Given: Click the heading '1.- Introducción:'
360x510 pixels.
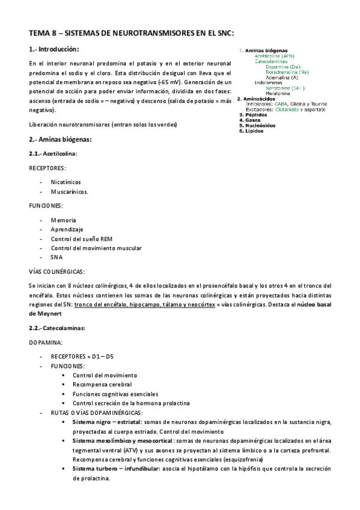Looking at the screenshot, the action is pyautogui.click(x=53, y=49).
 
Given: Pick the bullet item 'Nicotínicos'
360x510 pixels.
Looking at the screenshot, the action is pyautogui.click(x=66, y=182).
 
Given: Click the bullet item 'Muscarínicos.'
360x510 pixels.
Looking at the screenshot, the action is pyautogui.click(x=70, y=192).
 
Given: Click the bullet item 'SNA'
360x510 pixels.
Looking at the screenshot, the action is pyautogui.click(x=56, y=257).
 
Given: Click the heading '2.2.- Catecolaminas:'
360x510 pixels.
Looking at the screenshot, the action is pyautogui.click(x=57, y=328).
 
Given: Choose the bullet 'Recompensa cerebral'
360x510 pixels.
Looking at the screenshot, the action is pyautogui.click(x=102, y=384).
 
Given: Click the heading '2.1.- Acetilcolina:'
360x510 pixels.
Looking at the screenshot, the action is pyautogui.click(x=53, y=153).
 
